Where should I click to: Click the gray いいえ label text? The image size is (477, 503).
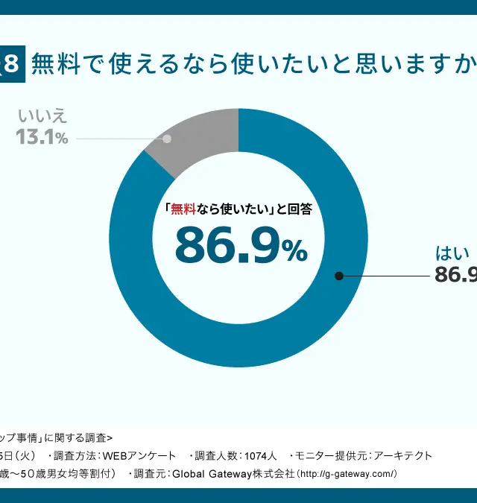(x=42, y=116)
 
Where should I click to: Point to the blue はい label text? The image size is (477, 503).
(x=452, y=253)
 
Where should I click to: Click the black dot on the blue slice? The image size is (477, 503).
(x=339, y=276)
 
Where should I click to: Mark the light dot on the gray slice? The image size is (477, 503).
(x=167, y=139)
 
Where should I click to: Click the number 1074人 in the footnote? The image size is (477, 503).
(x=260, y=455)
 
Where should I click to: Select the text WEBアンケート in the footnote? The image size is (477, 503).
(x=138, y=455)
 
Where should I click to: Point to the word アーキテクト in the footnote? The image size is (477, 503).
(x=402, y=455)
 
